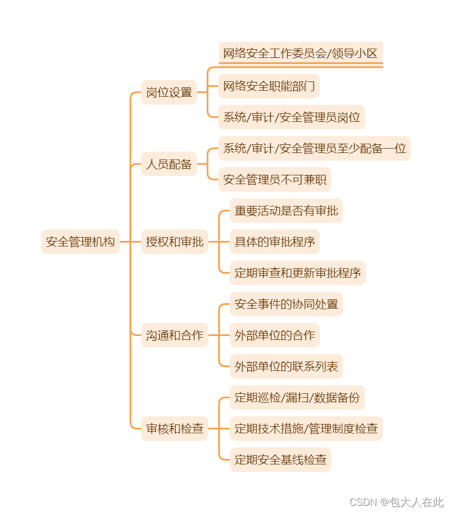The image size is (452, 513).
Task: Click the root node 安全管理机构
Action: tap(80, 241)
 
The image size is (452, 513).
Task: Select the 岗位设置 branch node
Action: tap(169, 92)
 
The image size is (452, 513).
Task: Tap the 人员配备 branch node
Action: tap(169, 164)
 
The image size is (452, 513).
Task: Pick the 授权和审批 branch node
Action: tap(175, 241)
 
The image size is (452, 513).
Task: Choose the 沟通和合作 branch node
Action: tap(175, 335)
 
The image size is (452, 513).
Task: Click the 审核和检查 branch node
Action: tap(175, 428)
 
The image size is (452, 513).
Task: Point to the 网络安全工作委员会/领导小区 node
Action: tap(300, 54)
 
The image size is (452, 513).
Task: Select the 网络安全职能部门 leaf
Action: tap(269, 86)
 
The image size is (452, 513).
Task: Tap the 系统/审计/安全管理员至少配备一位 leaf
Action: tap(314, 148)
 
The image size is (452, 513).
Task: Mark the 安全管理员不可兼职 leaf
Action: tap(275, 179)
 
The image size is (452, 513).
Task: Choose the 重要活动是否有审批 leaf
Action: tap(286, 210)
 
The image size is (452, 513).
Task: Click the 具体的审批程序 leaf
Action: tap(275, 241)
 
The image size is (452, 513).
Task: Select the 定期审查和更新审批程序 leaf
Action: tap(298, 273)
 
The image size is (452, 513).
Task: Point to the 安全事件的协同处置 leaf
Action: tap(286, 304)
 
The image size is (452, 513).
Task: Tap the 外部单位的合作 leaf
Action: tap(275, 335)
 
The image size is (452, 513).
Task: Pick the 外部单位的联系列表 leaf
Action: tap(286, 366)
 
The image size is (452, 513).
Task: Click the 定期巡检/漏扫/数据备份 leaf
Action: tap(297, 397)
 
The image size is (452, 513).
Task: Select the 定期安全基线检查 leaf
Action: tap(280, 459)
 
